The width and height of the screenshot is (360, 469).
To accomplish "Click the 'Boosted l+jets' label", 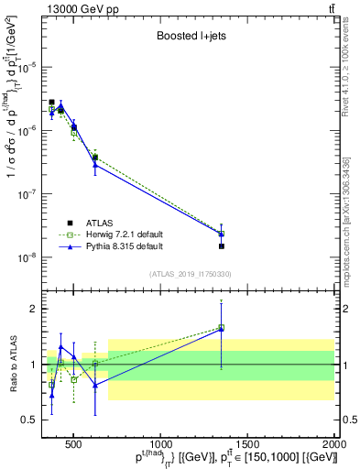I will pyautogui.click(x=189, y=38).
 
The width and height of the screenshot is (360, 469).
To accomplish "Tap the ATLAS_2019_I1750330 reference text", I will pyautogui.click(x=189, y=273).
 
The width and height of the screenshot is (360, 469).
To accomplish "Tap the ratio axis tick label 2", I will pyautogui.click(x=35, y=309).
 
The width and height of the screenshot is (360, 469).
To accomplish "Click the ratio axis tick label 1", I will pyautogui.click(x=35, y=365).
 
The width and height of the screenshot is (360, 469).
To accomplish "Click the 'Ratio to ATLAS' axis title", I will pyautogui.click(x=12, y=365).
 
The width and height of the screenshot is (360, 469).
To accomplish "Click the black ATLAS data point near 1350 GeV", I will pyautogui.click(x=222, y=245).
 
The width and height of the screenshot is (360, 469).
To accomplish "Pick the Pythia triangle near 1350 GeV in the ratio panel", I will pyautogui.click(x=222, y=328).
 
